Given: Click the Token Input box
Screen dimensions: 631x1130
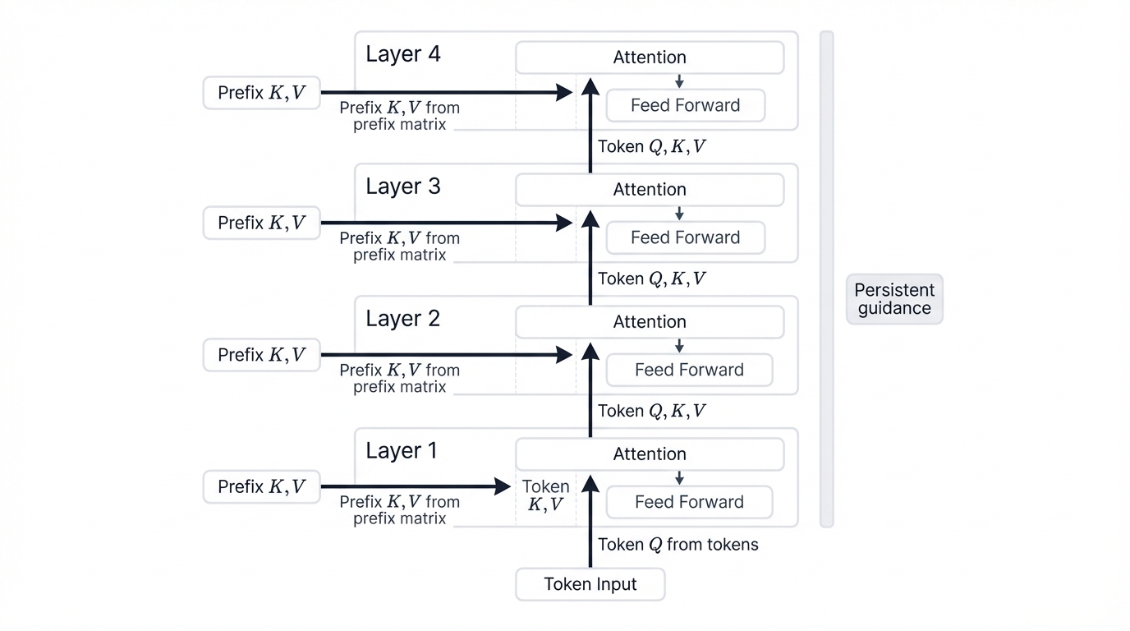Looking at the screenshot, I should click(590, 584).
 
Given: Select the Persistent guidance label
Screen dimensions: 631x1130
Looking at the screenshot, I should click(894, 299).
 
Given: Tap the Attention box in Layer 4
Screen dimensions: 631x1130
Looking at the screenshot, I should click(649, 58).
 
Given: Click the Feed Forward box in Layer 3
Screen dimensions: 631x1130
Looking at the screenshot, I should click(685, 237).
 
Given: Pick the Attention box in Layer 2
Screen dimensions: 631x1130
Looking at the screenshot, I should click(649, 322).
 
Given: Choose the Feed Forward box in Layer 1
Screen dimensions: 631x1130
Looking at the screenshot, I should click(689, 502).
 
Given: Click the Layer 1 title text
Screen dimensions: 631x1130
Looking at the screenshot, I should click(402, 451).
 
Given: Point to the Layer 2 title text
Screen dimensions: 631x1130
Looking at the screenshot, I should click(402, 319).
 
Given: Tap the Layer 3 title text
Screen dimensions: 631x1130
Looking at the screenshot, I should click(402, 187).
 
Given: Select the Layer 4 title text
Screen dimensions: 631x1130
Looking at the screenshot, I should click(402, 54).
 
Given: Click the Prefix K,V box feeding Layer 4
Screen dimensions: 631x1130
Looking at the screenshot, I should click(261, 93).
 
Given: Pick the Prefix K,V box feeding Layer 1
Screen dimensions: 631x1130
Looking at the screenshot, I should click(261, 487).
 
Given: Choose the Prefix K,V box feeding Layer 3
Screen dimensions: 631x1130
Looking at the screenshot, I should click(261, 223).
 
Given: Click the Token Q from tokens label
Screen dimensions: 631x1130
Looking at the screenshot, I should click(678, 545).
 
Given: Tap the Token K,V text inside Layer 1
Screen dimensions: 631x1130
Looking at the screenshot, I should click(545, 495).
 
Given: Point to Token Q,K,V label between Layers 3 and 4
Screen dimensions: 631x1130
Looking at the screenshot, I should click(651, 147).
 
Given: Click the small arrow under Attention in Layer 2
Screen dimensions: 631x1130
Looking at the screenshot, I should click(679, 346).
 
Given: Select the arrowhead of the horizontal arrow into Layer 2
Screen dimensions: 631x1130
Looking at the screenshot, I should click(565, 355).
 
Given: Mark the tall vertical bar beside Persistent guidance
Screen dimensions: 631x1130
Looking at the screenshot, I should click(827, 279).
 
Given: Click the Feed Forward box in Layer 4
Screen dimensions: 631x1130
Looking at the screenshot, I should click(685, 105).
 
